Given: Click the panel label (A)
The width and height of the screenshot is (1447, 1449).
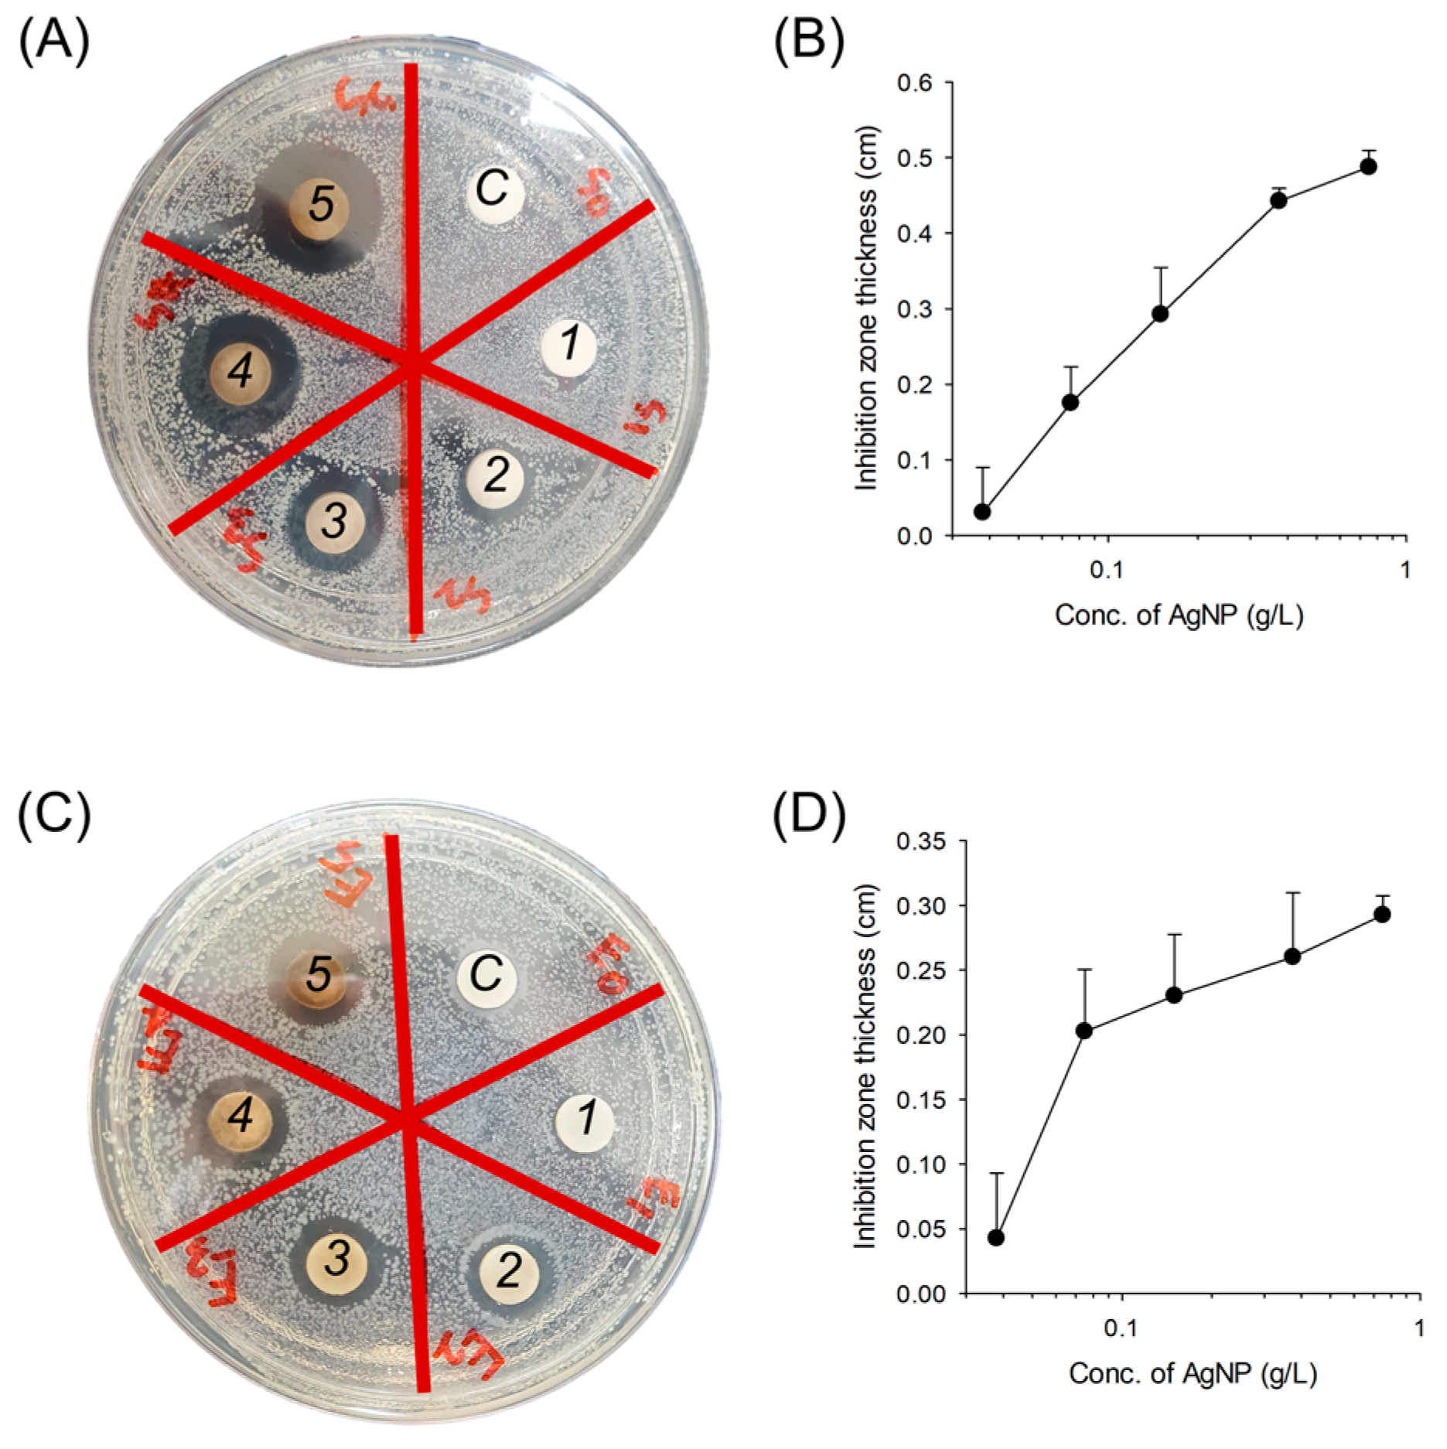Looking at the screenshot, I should click(53, 43).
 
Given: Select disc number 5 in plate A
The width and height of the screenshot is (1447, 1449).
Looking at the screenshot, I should click(319, 205).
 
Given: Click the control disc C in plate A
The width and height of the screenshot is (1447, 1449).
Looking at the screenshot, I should click(494, 189).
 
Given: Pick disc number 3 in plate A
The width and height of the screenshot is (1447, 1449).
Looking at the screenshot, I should click(335, 520).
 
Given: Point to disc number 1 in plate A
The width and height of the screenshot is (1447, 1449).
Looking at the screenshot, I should click(570, 344).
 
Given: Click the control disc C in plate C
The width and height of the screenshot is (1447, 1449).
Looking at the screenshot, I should click(486, 974).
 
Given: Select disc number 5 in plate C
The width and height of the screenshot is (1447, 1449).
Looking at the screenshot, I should click(319, 975).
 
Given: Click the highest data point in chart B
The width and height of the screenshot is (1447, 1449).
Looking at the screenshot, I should click(1368, 166).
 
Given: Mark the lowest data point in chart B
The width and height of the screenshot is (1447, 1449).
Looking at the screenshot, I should click(982, 511).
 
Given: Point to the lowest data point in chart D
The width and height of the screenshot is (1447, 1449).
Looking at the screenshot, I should click(996, 1237).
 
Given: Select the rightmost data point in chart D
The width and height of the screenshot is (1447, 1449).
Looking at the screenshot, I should click(1382, 915).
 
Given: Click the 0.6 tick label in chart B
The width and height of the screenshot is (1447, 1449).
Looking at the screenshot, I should click(914, 83).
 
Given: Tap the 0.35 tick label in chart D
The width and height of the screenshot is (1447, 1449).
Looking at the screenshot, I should click(921, 840).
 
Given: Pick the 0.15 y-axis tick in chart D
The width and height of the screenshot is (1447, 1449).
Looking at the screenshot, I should click(921, 1099).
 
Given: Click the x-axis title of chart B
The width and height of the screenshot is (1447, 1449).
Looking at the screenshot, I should click(1179, 615).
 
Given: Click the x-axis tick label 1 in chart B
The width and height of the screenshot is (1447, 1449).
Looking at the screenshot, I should click(1405, 571).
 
